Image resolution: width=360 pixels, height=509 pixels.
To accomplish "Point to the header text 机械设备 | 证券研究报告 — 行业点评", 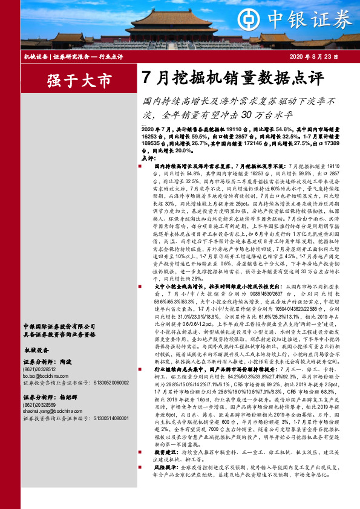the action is pyautogui.click(x=73, y=56).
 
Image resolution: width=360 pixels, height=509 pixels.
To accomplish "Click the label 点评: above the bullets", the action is pyautogui.click(x=148, y=157).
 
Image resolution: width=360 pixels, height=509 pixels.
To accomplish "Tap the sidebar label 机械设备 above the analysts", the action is pyautogui.click(x=36, y=349).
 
